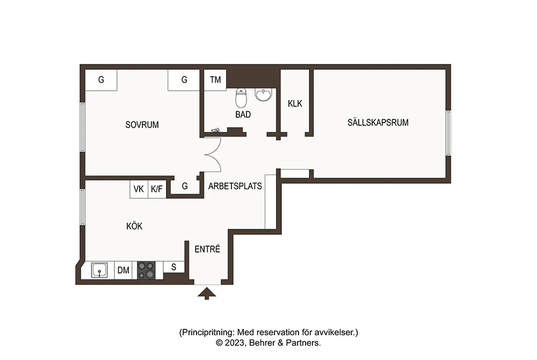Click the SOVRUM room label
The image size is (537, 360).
point(142,125)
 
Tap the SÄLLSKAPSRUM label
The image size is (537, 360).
point(378,123)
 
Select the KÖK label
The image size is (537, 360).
point(134,226)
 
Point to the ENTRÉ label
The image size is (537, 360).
point(207,249)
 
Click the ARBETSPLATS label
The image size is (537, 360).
point(235,186)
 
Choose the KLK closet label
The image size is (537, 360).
point(295,104)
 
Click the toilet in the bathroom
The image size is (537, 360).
point(241,98)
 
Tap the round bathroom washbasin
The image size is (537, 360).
point(263,95)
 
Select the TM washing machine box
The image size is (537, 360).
point(215,80)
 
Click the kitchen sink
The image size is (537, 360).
point(99,270)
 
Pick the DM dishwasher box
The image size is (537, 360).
point(124,270)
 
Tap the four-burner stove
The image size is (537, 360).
point(146,270)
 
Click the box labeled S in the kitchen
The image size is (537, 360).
point(174,267)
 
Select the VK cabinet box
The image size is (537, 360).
point(139,189)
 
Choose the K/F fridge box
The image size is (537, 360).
point(157,189)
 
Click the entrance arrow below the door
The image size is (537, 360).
point(207,293)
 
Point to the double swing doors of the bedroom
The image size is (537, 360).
point(213,155)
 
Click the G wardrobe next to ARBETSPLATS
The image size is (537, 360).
point(185,186)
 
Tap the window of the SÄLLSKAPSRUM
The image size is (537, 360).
point(448,133)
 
